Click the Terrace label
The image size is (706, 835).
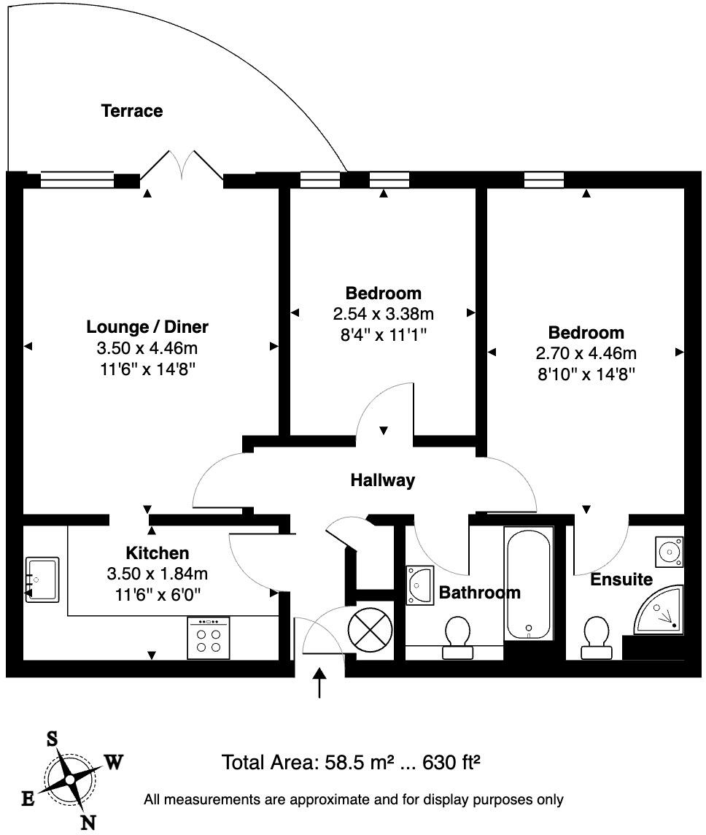[x=132, y=111]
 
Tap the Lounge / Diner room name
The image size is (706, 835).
[x=147, y=326]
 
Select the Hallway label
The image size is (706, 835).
[x=382, y=480]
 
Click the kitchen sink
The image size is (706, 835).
[x=42, y=580]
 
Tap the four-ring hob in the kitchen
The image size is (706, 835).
[x=209, y=638]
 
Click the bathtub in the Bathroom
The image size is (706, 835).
[x=528, y=585]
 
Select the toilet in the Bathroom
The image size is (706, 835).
[x=457, y=637]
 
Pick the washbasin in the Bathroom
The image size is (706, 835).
[x=420, y=585]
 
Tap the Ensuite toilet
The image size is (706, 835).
[x=596, y=637]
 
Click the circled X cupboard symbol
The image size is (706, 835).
[x=371, y=630]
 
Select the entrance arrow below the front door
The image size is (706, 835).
[x=319, y=682]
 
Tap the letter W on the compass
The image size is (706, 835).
[x=114, y=763]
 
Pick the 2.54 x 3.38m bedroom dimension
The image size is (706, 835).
[x=383, y=314]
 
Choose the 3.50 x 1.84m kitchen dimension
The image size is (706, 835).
[x=158, y=574]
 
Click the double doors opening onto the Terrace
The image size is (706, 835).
[x=182, y=164]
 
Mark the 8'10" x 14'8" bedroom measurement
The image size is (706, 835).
[x=586, y=374]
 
